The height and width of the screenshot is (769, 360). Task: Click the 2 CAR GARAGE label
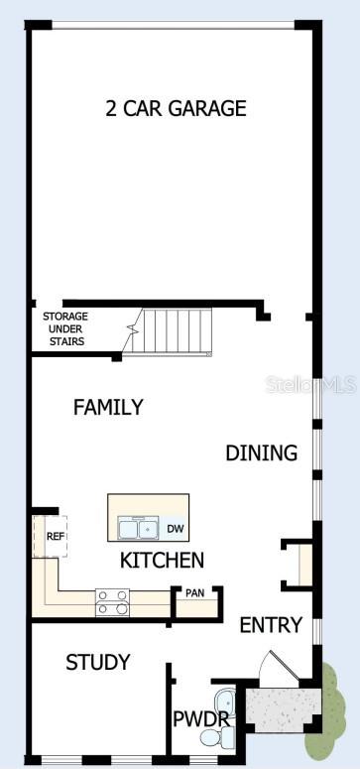[176, 109]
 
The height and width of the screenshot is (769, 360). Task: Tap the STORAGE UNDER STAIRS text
[64, 328]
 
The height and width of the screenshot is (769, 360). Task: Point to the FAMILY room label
[108, 407]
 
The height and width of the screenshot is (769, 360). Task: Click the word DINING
[261, 453]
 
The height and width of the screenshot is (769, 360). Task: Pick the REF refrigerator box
[56, 536]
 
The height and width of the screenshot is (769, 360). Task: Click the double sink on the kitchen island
[137, 527]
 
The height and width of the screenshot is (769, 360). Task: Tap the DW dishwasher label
[175, 529]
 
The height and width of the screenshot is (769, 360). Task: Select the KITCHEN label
[162, 561]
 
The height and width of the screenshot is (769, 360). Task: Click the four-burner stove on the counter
[112, 601]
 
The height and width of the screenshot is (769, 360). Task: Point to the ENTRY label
[270, 625]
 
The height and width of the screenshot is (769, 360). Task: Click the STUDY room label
[97, 662]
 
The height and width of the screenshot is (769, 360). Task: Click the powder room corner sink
[224, 697]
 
